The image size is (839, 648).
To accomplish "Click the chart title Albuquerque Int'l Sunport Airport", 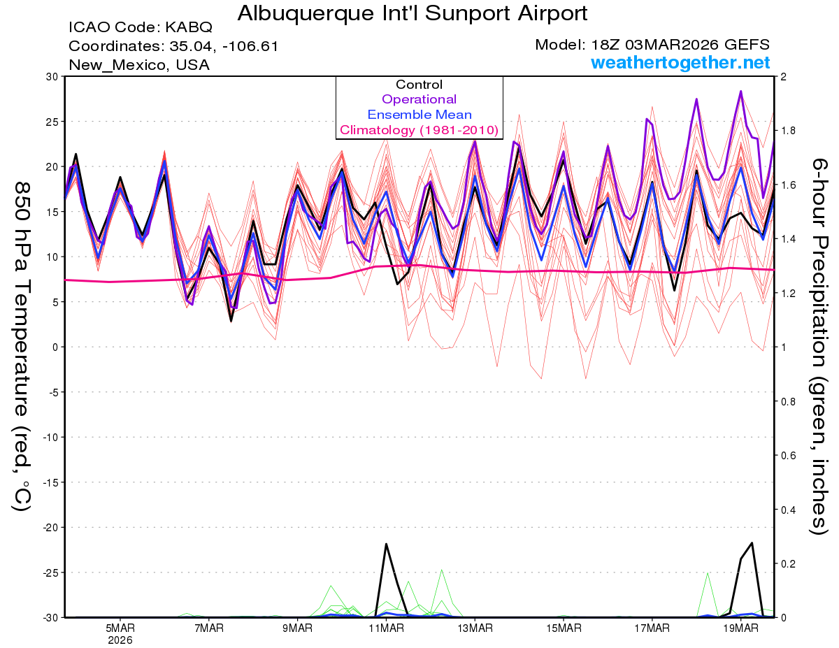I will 412,13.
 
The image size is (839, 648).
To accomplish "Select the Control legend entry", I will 419,85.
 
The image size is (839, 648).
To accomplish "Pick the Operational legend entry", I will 419,99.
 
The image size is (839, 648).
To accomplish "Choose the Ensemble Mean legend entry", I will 419,115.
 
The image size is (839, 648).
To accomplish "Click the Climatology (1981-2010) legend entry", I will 419,130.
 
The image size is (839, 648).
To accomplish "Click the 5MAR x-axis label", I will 120,628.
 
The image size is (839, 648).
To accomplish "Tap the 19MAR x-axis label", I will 740,628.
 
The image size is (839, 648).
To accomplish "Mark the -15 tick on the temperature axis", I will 50,482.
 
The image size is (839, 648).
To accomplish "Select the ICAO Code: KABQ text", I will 140,28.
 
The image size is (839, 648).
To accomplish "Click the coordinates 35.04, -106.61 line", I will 173,46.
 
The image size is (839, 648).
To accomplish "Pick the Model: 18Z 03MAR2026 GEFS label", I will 652,45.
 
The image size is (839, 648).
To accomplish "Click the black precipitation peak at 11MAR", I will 386,544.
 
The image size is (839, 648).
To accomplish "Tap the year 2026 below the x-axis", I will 120,640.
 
